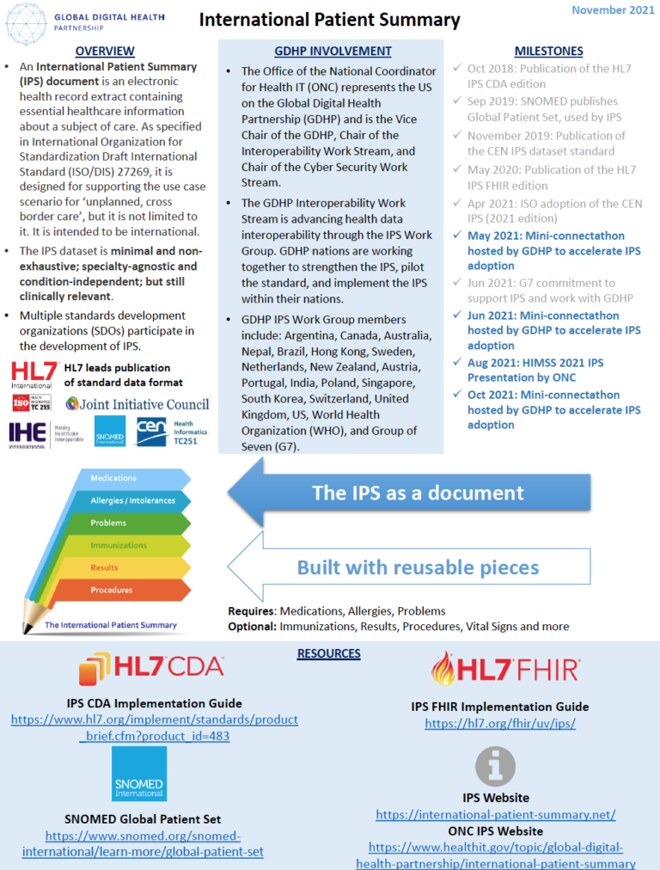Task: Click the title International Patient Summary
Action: point(330,19)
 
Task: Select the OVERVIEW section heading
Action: point(104,52)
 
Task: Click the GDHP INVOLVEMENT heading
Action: point(332,52)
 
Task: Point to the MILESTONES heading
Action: point(548,52)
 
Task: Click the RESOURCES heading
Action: point(328,653)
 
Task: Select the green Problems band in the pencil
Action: point(112,523)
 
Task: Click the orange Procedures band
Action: point(112,590)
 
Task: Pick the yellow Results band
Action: point(107,567)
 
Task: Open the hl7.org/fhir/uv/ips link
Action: point(499,724)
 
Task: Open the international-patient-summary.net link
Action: point(495,814)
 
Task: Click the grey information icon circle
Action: point(496,766)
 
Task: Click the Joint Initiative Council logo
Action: point(137,403)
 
